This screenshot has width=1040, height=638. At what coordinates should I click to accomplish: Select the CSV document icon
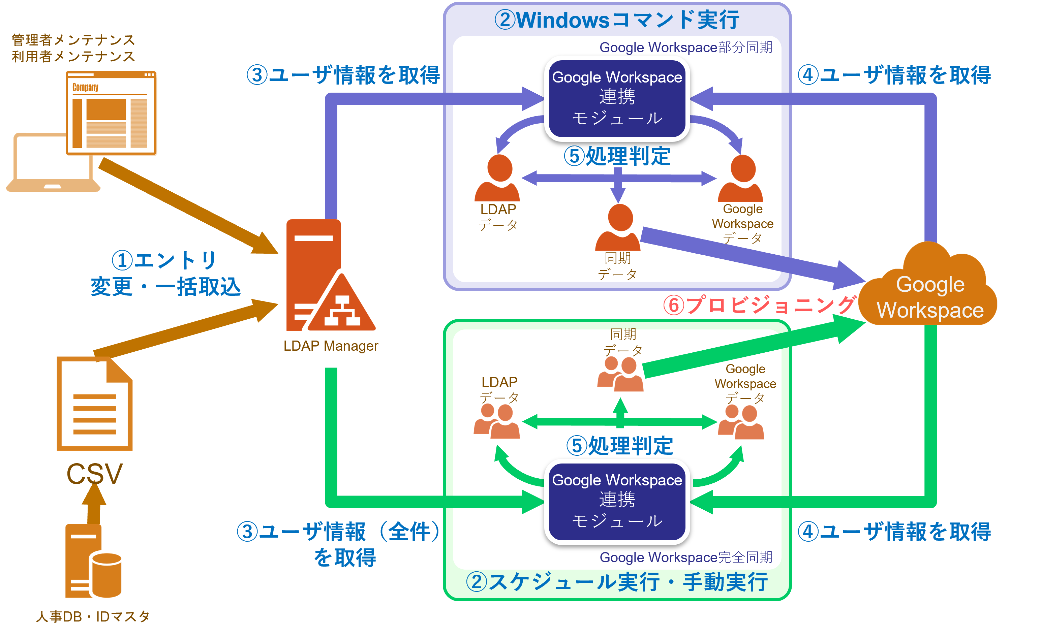(95, 403)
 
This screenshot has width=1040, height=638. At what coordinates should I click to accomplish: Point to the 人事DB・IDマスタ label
(93, 616)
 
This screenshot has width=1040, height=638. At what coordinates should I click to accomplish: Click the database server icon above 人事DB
(93, 561)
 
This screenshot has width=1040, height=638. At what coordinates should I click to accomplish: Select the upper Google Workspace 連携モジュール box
(617, 98)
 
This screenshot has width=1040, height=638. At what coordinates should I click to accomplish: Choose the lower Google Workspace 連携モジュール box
(617, 501)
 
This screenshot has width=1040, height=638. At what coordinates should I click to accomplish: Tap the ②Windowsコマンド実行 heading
(617, 20)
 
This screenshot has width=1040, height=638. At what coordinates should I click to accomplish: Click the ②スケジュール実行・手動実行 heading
(617, 582)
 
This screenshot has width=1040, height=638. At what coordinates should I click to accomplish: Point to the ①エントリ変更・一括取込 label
(165, 274)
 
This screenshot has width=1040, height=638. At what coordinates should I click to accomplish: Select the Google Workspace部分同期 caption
(686, 47)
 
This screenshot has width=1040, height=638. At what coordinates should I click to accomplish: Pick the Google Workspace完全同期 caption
(686, 557)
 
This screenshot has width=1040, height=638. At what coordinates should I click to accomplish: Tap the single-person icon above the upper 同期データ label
(618, 228)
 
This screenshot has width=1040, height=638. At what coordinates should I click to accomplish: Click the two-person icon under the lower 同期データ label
(620, 374)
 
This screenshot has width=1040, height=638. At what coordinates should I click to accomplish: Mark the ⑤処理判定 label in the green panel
(619, 446)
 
